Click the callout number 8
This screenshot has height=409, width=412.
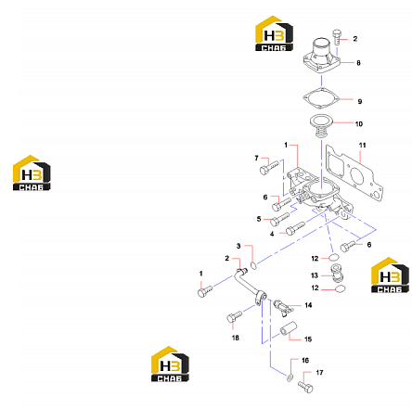[x=358, y=63]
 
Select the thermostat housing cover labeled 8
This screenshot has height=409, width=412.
[x=322, y=57]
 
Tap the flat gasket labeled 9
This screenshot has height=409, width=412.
[x=321, y=98]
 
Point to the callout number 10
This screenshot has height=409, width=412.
[x=359, y=124]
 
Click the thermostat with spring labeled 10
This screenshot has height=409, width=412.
[x=321, y=126]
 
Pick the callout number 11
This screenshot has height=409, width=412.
[x=363, y=145]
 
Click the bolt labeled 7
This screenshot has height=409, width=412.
[x=269, y=167]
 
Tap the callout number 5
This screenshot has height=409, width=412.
[x=259, y=219]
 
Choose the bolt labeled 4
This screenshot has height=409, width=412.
[x=295, y=228]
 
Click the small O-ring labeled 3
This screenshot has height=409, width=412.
[x=253, y=265]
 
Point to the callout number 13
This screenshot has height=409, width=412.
[x=315, y=275]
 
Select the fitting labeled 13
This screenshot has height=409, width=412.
[x=338, y=273]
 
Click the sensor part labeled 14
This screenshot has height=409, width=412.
[x=283, y=308]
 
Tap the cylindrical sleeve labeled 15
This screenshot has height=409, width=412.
[x=289, y=328]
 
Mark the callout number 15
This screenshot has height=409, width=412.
[x=308, y=339]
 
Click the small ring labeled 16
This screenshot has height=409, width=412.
[x=290, y=377]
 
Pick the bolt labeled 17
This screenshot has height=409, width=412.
[x=305, y=387]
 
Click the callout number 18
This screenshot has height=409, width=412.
[x=236, y=338]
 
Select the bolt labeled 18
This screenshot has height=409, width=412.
[x=234, y=316]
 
